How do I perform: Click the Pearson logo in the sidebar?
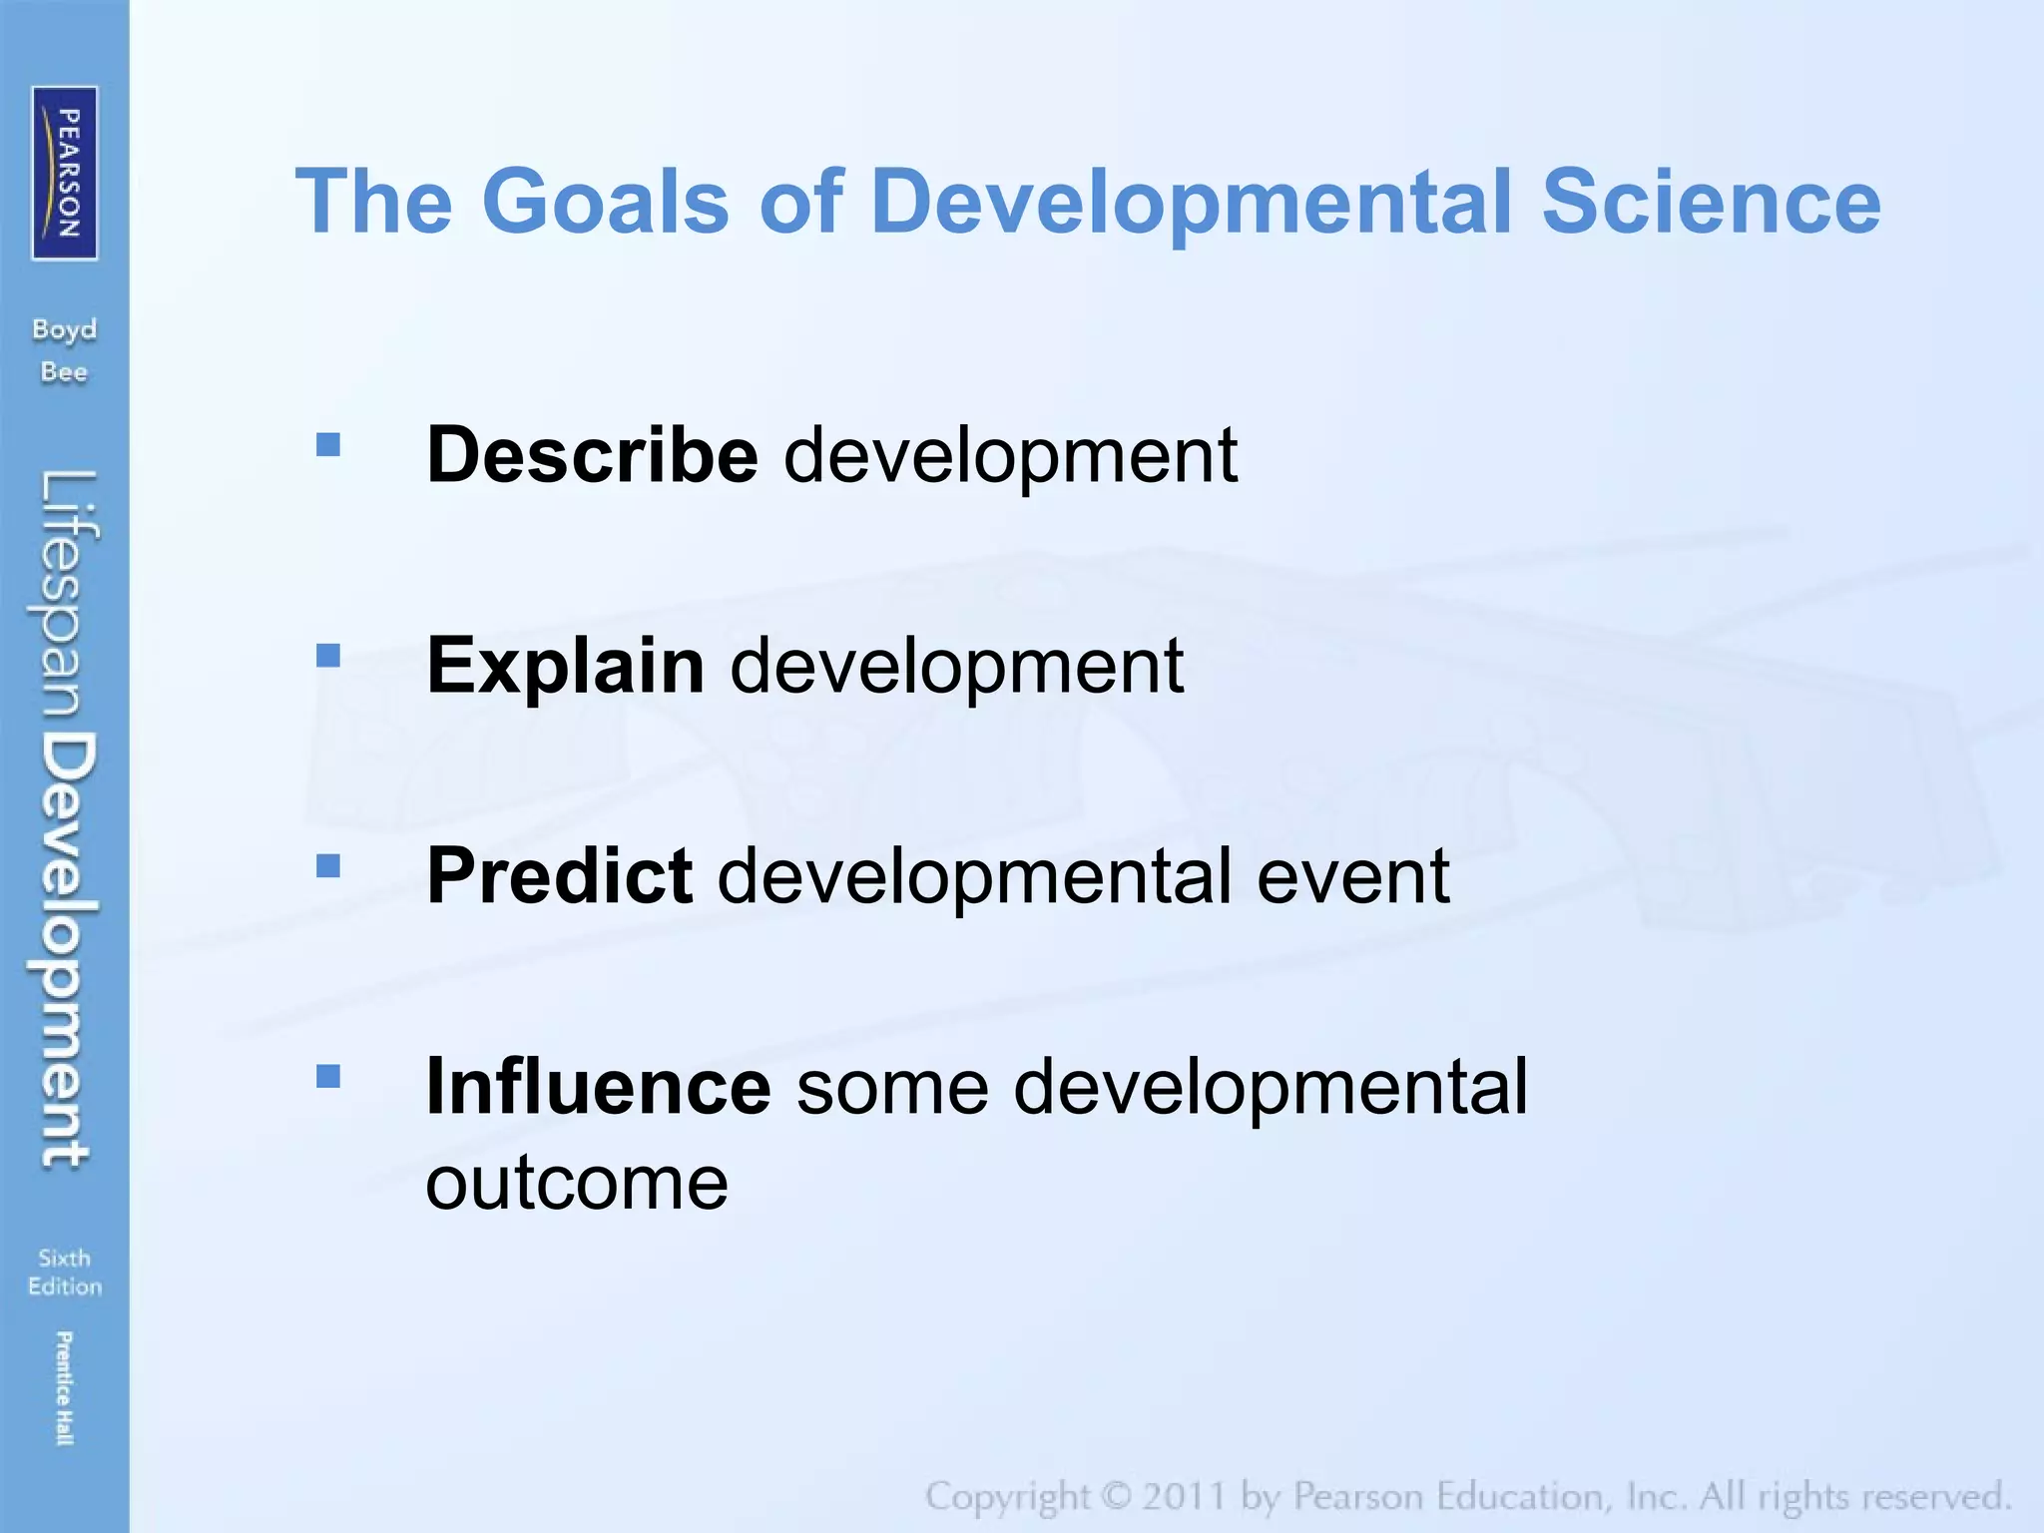coord(65,173)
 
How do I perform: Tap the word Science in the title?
coord(1711,202)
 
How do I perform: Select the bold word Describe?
coord(592,454)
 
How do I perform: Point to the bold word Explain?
coord(565,665)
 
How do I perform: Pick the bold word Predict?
coord(559,875)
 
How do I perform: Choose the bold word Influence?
coord(598,1086)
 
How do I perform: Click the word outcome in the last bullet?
coord(577,1184)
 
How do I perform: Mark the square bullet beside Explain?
coord(327,655)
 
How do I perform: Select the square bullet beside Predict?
coord(327,865)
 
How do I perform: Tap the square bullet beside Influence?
coord(327,1076)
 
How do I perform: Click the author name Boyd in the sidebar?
coord(64,330)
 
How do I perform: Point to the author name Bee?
coord(64,372)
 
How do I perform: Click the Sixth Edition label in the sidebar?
coord(65,1272)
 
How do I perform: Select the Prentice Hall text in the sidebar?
coord(64,1387)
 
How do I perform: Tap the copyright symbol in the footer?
coord(1117,1496)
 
